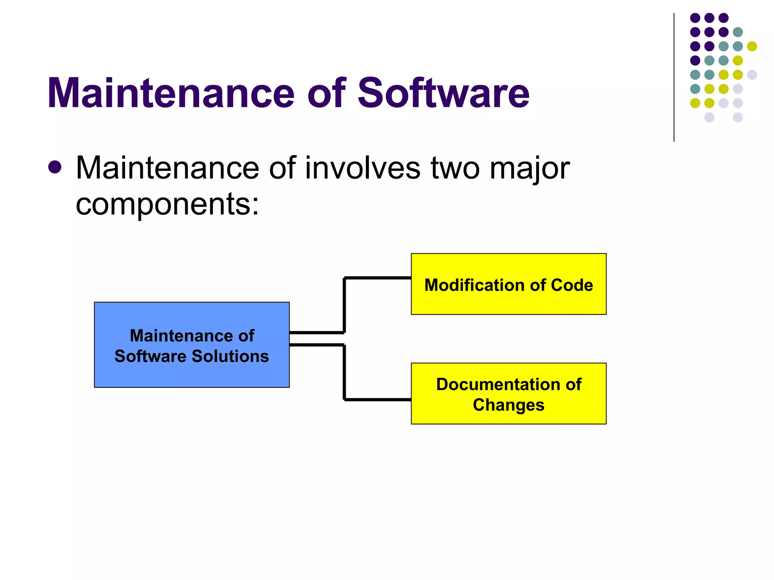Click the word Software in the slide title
[443, 93]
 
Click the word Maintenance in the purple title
[170, 93]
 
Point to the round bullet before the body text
[55, 167]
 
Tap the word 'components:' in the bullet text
[167, 204]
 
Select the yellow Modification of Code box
[508, 302]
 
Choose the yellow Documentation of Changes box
[508, 415]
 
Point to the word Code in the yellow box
[572, 285]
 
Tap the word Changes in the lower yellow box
[508, 405]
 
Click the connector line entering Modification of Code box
[378, 278]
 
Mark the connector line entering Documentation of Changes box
[378, 399]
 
